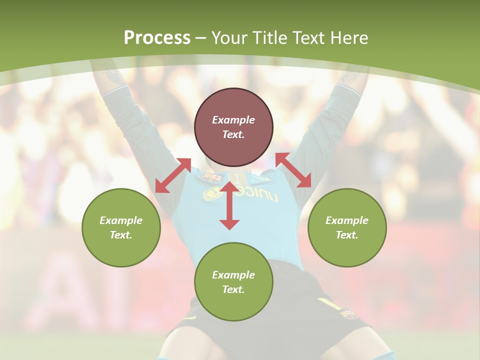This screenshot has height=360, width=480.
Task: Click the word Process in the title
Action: tap(157, 37)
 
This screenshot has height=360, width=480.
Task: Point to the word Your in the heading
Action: tap(229, 37)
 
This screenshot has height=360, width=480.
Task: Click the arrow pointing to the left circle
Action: tap(173, 175)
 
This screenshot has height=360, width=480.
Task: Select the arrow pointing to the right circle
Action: tap(293, 170)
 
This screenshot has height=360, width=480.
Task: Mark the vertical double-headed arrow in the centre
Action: tap(229, 205)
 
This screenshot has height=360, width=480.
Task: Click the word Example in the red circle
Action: tap(233, 120)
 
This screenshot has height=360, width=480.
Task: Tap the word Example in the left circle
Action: tap(121, 220)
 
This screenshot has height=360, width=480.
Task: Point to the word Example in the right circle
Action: tap(347, 220)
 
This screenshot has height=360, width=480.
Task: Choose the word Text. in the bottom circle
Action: tap(233, 289)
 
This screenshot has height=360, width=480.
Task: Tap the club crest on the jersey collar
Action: tap(212, 176)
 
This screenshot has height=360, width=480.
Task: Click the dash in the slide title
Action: tap(201, 38)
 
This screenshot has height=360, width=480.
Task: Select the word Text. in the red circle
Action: tap(233, 134)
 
